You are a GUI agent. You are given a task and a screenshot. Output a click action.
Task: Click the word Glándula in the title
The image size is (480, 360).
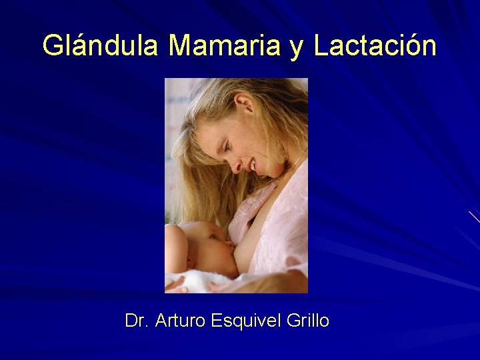point(100,47)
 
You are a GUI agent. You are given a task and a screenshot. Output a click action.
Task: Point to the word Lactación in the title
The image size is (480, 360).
point(375,47)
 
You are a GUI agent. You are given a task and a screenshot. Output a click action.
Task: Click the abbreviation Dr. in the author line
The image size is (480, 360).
point(137,321)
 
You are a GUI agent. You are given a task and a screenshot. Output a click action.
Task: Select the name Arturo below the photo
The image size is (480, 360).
point(181,321)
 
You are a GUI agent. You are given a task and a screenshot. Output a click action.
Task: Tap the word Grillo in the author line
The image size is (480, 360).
point(307,321)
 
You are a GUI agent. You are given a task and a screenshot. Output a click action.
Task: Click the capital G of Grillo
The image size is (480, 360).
point(292,321)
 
